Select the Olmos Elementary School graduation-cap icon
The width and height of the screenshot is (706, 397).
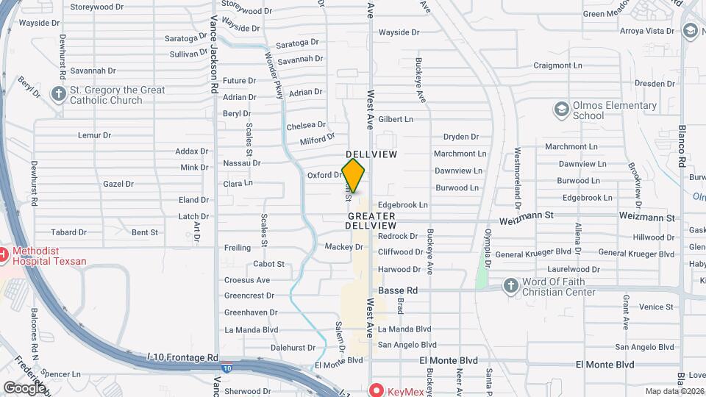(x=562, y=110)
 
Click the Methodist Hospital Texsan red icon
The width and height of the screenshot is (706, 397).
(x=2, y=255)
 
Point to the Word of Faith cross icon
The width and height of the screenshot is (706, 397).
(x=511, y=285)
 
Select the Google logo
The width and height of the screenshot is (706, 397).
(x=24, y=387)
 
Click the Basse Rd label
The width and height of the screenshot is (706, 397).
(x=398, y=290)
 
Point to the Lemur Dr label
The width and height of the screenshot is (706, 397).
(x=94, y=135)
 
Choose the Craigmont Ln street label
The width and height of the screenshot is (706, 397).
(x=557, y=65)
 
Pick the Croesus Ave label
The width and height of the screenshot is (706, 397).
(x=247, y=280)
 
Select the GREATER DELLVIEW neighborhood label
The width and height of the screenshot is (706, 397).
(x=371, y=221)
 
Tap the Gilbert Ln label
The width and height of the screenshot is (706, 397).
(x=396, y=119)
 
